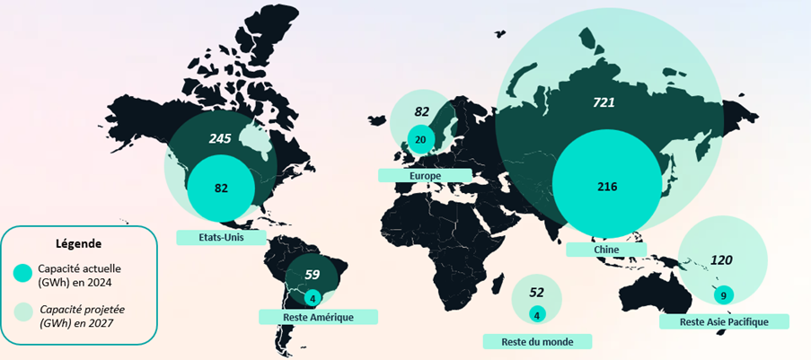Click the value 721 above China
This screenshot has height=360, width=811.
pyautogui.click(x=604, y=103)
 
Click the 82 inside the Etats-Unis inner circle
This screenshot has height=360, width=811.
pyautogui.click(x=220, y=188)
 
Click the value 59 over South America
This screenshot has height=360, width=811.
pyautogui.click(x=313, y=276)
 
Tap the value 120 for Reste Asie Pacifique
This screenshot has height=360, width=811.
pyautogui.click(x=722, y=260)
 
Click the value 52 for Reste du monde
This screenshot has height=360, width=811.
pyautogui.click(x=537, y=292)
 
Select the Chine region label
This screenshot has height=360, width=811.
pyautogui.click(x=605, y=249)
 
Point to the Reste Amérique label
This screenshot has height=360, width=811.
pyautogui.click(x=318, y=317)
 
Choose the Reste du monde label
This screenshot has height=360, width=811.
pyautogui.click(x=537, y=342)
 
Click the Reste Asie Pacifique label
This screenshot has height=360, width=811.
pyautogui.click(x=723, y=321)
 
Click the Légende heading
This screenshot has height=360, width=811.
pyautogui.click(x=79, y=243)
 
